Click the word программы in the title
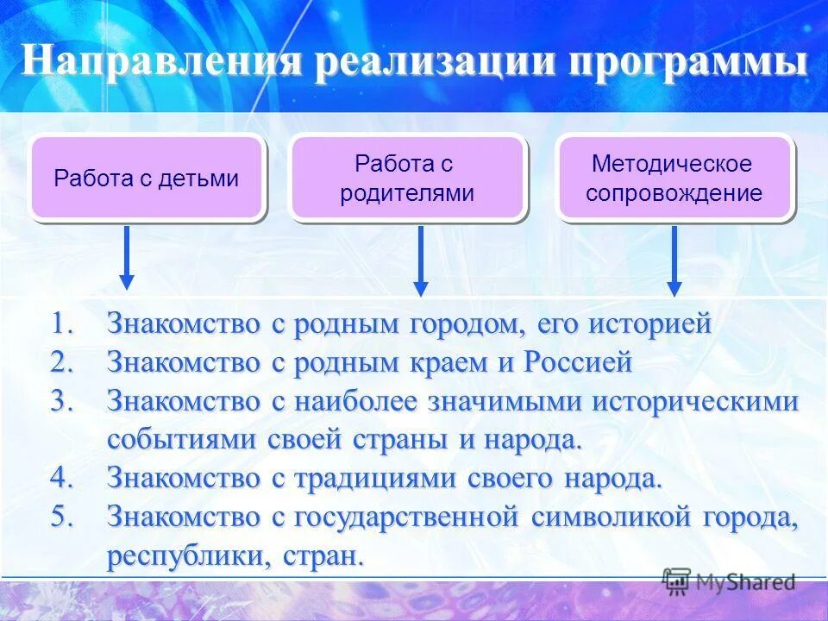tap(690, 62)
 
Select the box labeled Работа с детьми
tap(146, 179)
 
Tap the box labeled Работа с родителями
tap(406, 179)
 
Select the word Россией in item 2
tap(578, 362)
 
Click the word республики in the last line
tap(181, 555)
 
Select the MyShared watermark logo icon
tap(676, 581)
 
